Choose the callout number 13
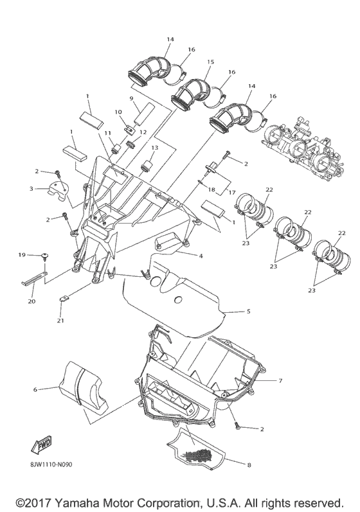pos(154,147)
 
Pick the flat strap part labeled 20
pos(37,281)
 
